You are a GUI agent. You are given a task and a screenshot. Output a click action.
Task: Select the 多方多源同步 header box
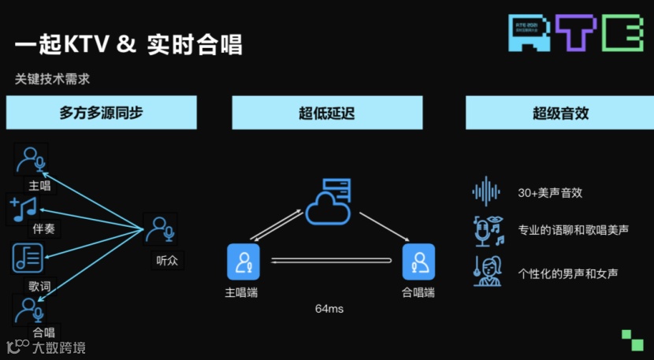tap(101, 113)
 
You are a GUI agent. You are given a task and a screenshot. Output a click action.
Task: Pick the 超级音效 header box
tap(559, 113)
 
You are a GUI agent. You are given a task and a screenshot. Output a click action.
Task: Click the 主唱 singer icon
tap(32, 159)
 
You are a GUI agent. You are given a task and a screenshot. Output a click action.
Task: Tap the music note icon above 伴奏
tap(24, 208)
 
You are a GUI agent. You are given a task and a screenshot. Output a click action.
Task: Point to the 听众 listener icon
tap(160, 229)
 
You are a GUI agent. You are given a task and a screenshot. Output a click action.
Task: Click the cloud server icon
tap(326, 201)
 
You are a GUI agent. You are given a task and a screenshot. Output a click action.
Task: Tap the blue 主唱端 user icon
tap(243, 262)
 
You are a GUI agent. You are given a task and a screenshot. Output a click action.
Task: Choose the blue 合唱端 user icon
tap(418, 262)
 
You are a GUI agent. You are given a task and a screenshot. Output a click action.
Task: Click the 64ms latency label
tap(329, 309)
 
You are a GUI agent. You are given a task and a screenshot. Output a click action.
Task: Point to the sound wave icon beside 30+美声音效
tap(486, 191)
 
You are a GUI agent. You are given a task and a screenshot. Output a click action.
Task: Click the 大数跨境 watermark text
tap(59, 347)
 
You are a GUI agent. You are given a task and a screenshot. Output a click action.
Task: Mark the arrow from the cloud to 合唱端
tap(384, 225)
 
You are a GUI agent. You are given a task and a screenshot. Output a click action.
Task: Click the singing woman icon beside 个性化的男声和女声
tap(488, 272)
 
